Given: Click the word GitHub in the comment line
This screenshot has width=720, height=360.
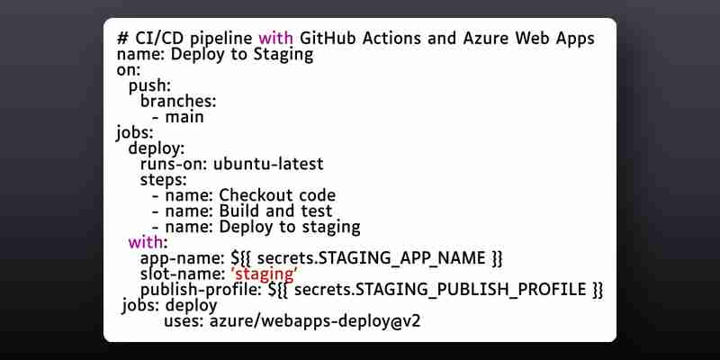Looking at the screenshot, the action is tap(328, 38).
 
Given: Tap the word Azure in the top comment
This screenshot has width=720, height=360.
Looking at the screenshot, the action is tap(485, 38).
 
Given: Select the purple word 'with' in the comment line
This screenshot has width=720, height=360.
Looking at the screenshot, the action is tap(275, 38).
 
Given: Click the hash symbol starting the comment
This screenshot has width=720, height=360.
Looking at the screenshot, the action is tap(122, 38).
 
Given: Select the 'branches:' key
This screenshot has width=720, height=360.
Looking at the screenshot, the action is tap(178, 101).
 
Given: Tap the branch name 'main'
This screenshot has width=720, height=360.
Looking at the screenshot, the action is tap(184, 117).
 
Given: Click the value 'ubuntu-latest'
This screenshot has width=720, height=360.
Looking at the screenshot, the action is tap(268, 164).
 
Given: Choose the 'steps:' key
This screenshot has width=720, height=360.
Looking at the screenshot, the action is tap(164, 179).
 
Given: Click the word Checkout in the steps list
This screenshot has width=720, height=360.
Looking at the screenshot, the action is tap(252, 195).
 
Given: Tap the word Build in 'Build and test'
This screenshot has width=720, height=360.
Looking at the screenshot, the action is tap(237, 211).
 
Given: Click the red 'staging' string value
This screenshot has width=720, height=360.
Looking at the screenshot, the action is tap(264, 274).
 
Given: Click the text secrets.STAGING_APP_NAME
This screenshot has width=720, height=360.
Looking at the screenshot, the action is tap(371, 258).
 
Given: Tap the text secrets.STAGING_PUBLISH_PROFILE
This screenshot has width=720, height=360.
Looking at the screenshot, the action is tap(440, 290).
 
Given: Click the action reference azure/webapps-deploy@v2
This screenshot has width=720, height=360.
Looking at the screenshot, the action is tap(315, 321).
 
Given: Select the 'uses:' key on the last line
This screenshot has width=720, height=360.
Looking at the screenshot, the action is tap(184, 321).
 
